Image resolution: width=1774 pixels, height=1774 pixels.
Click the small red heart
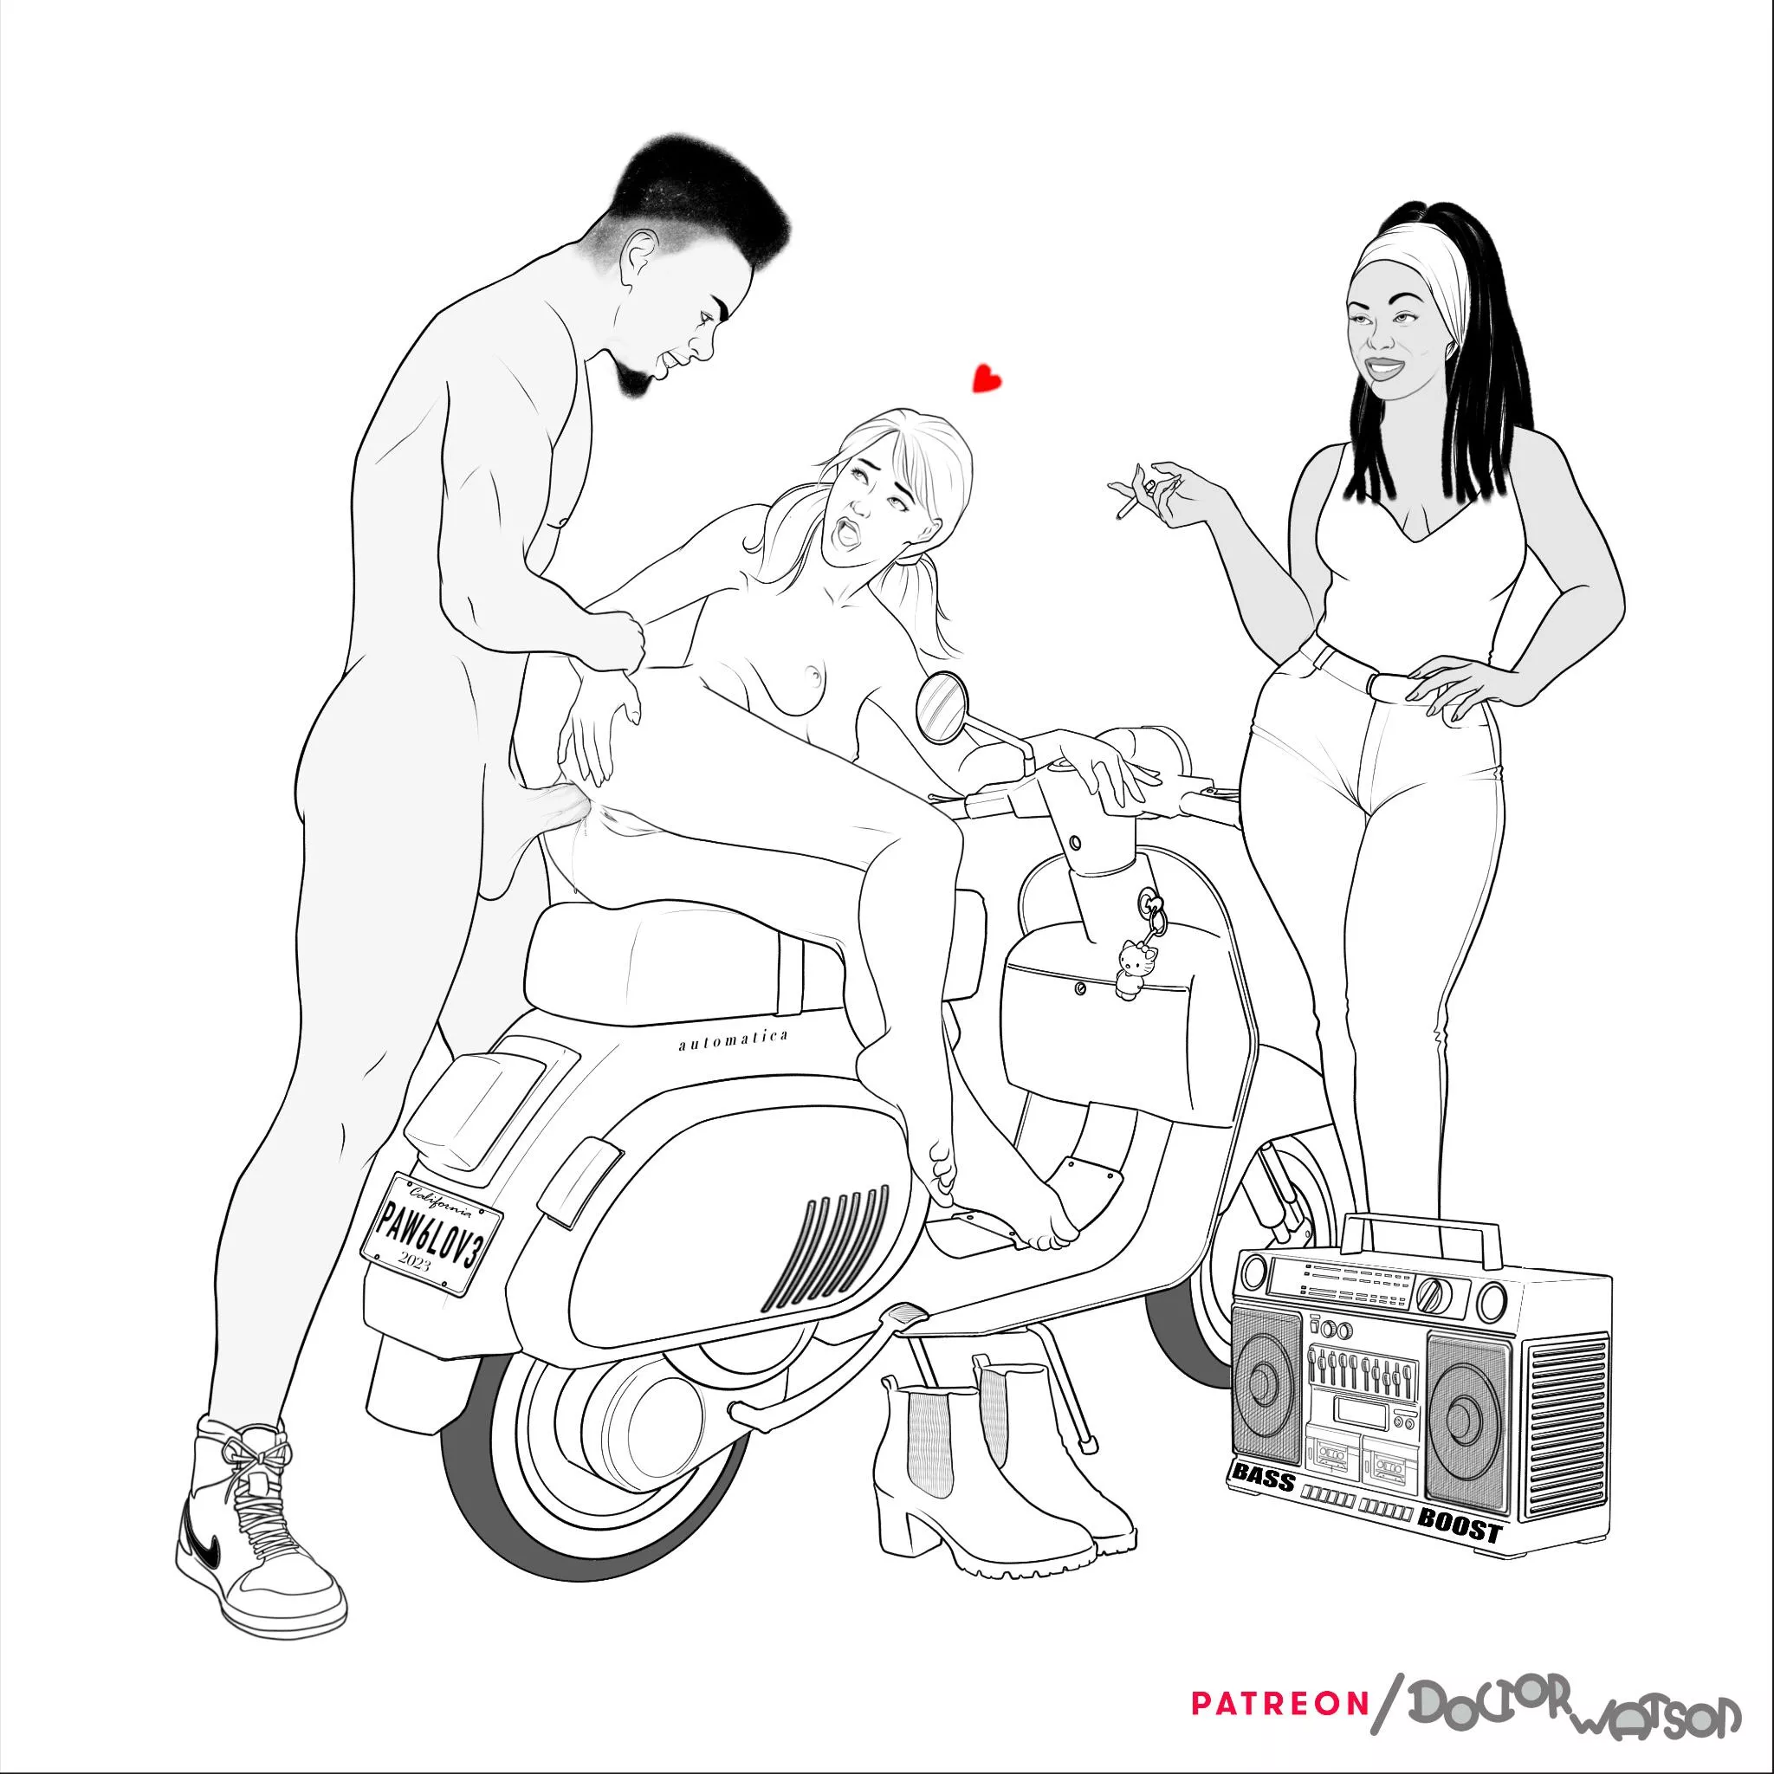pos(986,379)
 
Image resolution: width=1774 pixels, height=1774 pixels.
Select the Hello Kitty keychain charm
pos(1130,964)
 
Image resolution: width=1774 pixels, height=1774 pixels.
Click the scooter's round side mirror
pos(940,708)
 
